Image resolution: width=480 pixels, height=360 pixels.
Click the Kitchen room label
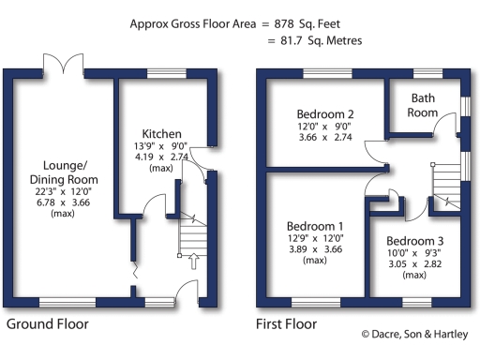[161, 134]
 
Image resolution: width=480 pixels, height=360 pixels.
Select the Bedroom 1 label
[315, 226]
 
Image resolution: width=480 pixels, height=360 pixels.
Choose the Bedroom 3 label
[413, 241]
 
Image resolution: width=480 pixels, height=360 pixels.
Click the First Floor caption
[286, 324]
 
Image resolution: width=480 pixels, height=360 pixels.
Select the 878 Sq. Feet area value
[315, 22]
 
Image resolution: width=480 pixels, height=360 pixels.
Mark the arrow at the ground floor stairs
[191, 262]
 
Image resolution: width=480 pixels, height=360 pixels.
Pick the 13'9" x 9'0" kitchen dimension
[161, 146]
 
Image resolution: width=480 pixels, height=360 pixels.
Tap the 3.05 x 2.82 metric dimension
[413, 264]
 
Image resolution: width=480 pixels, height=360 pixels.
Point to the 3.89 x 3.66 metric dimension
[315, 250]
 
